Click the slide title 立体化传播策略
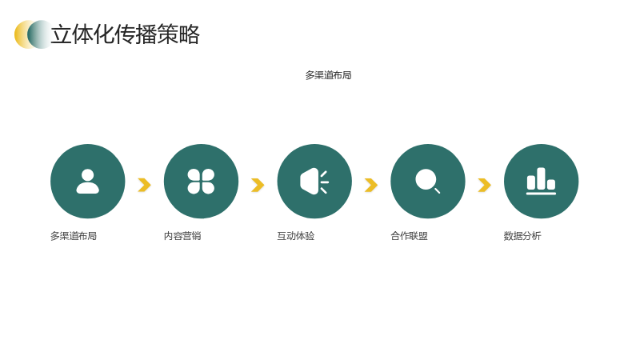click(126, 34)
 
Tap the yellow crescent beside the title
click(20, 34)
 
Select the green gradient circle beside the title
click(40, 34)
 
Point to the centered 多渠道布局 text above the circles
click(328, 75)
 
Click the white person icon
click(88, 182)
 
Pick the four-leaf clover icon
click(201, 182)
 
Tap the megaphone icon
click(314, 182)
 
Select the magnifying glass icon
click(427, 182)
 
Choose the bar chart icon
click(541, 182)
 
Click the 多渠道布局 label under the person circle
click(74, 236)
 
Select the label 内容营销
click(182, 236)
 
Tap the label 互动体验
click(296, 236)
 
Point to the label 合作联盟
click(409, 236)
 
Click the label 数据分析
click(522, 236)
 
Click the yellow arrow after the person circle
click(145, 185)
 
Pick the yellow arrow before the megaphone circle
click(258, 185)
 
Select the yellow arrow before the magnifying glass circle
click(371, 185)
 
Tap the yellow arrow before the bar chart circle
click(485, 185)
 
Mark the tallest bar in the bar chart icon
click(541, 178)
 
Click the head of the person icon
click(88, 174)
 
